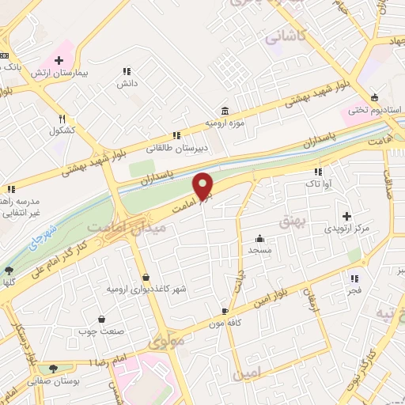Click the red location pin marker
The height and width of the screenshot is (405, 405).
[203, 187]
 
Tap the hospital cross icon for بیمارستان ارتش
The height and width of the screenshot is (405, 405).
[59, 60]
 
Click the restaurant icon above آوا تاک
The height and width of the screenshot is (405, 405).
[318, 172]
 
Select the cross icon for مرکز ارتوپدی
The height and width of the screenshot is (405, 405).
[346, 215]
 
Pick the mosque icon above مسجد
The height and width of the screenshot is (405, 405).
[259, 238]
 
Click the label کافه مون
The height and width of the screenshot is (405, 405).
[224, 324]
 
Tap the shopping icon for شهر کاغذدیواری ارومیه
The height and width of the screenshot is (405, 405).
[146, 276]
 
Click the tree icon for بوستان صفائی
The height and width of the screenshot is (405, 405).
[53, 368]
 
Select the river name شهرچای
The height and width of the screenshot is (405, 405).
[37, 235]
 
